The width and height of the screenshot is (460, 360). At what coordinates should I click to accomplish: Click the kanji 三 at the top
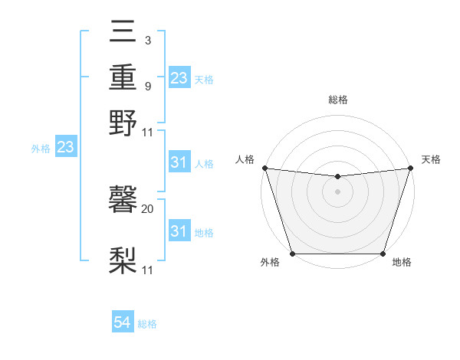pyautogui.click(x=123, y=34)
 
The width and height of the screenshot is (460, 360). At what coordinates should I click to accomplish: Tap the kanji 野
pyautogui.click(x=123, y=123)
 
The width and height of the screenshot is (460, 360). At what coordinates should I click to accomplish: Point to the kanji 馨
pyautogui.click(x=123, y=201)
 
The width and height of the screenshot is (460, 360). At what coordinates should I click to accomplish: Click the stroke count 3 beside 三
pyautogui.click(x=147, y=39)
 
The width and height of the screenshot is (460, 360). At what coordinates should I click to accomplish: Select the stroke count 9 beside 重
pyautogui.click(x=147, y=86)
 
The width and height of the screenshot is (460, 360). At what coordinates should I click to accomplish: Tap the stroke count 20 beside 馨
pyautogui.click(x=148, y=208)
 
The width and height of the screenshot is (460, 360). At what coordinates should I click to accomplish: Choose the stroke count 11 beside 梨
pyautogui.click(x=148, y=270)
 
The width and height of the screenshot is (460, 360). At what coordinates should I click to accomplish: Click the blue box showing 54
pyautogui.click(x=123, y=323)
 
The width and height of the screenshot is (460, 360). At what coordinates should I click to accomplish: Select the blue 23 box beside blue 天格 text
pyautogui.click(x=179, y=78)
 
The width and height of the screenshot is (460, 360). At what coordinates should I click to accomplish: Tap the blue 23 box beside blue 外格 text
pyautogui.click(x=65, y=148)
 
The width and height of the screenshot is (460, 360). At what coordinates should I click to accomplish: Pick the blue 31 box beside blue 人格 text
pyautogui.click(x=179, y=162)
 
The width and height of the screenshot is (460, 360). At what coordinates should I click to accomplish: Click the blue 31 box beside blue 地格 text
pyautogui.click(x=179, y=231)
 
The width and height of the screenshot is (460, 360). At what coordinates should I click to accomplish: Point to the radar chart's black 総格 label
pyautogui.click(x=338, y=100)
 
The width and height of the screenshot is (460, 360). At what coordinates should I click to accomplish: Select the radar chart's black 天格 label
pyautogui.click(x=431, y=159)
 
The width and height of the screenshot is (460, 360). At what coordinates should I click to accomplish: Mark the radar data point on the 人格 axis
pyautogui.click(x=264, y=168)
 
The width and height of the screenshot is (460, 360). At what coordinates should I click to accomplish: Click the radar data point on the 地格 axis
pyautogui.click(x=383, y=253)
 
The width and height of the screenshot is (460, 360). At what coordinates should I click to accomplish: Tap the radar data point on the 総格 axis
pyautogui.click(x=337, y=177)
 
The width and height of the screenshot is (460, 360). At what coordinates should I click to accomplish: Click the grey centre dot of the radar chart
pyautogui.click(x=337, y=191)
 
